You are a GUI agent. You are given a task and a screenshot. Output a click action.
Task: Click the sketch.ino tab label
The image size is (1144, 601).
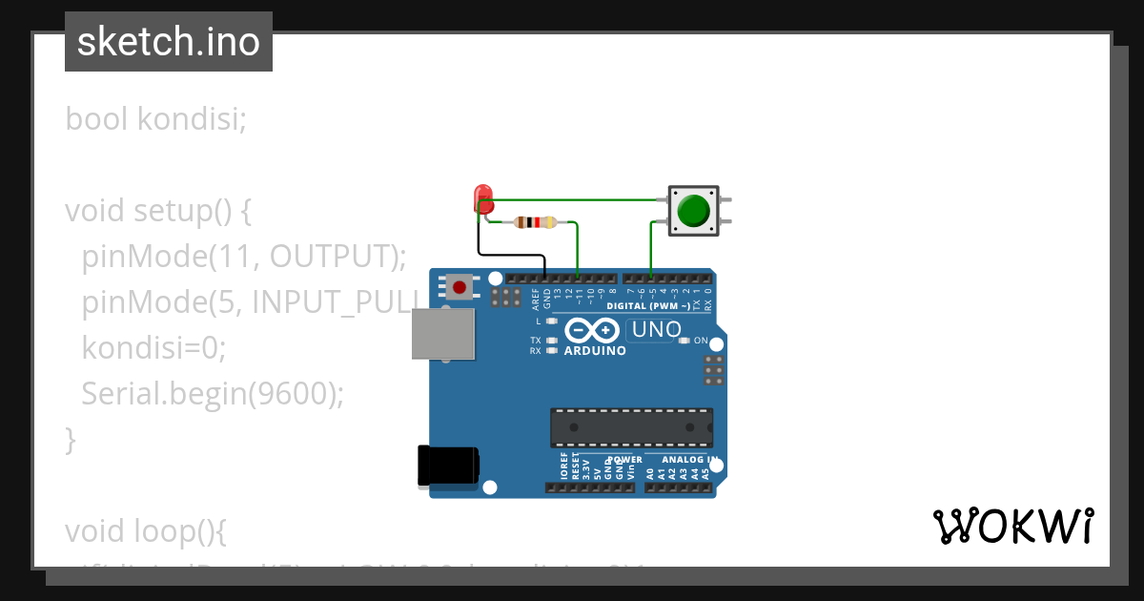[x=169, y=42]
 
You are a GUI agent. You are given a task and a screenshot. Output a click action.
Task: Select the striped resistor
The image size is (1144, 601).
[x=534, y=222]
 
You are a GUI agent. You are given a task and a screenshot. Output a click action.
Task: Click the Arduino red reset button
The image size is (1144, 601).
[x=460, y=287]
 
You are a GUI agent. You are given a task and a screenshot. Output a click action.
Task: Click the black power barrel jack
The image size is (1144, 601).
[x=448, y=466]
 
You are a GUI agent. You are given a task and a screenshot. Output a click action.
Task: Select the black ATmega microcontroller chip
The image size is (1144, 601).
[x=631, y=426]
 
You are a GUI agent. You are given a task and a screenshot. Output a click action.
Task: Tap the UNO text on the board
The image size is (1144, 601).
[x=658, y=330]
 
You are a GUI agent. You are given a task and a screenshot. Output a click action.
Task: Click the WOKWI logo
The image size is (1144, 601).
[x=1012, y=526]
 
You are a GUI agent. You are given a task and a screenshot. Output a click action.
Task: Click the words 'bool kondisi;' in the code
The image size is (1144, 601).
[x=156, y=120]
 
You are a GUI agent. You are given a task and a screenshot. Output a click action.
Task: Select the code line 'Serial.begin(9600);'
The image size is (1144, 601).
[x=212, y=393]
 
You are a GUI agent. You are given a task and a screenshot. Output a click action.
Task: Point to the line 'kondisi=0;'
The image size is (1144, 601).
[x=153, y=347]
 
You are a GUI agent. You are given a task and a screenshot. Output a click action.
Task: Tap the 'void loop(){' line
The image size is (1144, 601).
[x=146, y=529]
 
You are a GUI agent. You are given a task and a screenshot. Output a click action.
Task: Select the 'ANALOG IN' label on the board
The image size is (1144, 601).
[x=684, y=460]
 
